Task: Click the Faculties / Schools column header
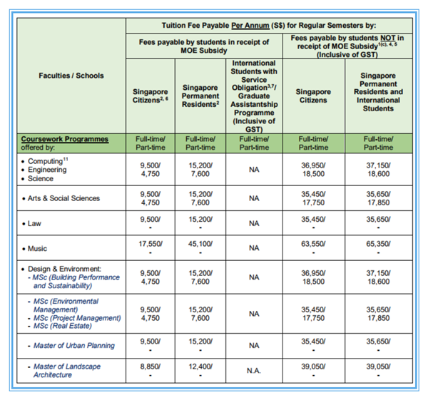pos(71,75)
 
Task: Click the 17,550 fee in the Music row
pos(150,243)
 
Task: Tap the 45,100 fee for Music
pos(200,243)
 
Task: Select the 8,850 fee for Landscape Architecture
pos(150,366)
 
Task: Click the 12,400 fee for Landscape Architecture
pos(200,366)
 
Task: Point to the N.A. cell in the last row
pos(253,370)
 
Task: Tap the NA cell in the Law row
pos(253,223)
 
